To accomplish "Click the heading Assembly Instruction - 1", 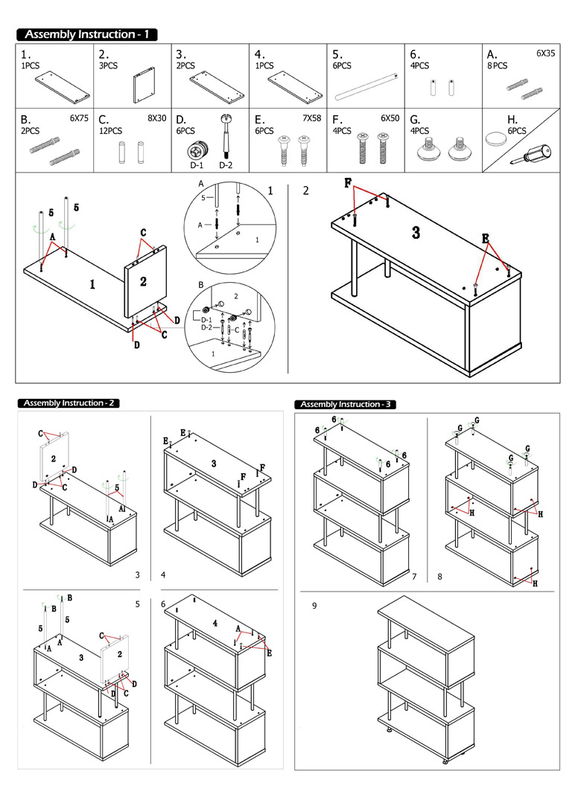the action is click(86, 34).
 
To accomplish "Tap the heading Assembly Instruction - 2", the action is click(69, 403).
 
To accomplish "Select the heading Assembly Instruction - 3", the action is click(345, 405).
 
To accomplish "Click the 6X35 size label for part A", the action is click(545, 54).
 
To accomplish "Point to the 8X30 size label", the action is click(156, 118).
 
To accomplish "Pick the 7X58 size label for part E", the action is click(312, 118).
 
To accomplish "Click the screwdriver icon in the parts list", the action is click(530, 155).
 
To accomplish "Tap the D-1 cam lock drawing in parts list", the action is click(197, 151).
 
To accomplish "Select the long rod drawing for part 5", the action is click(366, 87).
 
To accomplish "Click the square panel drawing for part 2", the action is click(145, 84).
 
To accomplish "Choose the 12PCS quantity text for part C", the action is click(110, 131).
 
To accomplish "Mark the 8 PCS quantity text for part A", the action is click(497, 66).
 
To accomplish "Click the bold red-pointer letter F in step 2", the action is click(348, 184).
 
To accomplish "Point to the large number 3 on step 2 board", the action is click(416, 233).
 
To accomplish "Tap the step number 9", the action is click(314, 606).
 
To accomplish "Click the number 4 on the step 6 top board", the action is click(215, 623).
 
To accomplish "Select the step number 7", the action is click(414, 577).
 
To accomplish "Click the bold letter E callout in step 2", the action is click(486, 239).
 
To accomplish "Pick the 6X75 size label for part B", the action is click(79, 118).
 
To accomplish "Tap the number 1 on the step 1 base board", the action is click(92, 284).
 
